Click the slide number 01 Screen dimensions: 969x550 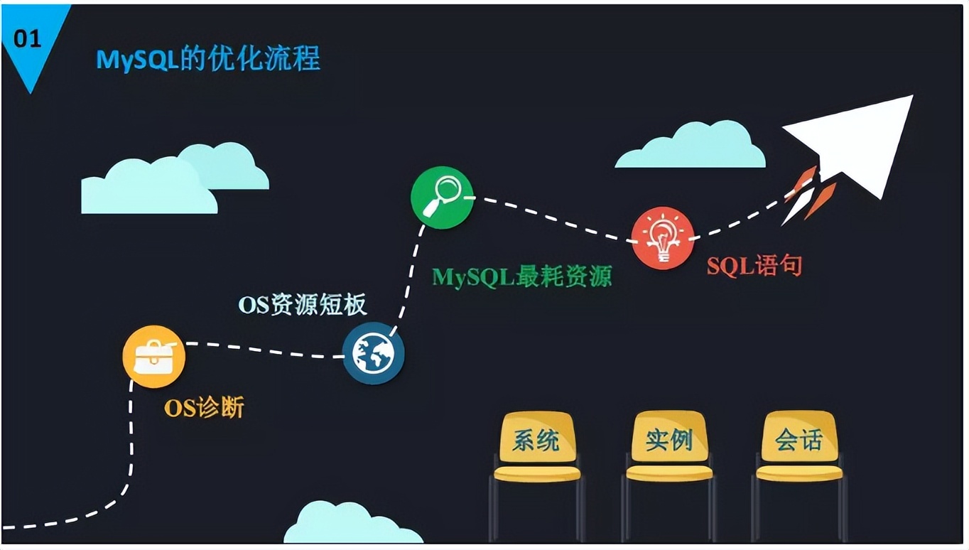[27, 39]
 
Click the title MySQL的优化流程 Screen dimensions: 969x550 [208, 58]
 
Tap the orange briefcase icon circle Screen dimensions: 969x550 [154, 357]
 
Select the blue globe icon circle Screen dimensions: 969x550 [374, 353]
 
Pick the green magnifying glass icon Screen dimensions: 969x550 [442, 198]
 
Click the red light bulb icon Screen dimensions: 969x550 [663, 238]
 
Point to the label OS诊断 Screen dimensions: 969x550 [204, 407]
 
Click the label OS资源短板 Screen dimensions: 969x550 [303, 305]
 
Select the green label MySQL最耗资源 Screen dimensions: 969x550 [522, 276]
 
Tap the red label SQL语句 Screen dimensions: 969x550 [754, 265]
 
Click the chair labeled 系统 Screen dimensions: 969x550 [537, 476]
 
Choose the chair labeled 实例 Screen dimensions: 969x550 [668, 476]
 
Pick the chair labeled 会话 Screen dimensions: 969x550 [799, 476]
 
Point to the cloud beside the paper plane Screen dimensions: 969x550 [691, 145]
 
